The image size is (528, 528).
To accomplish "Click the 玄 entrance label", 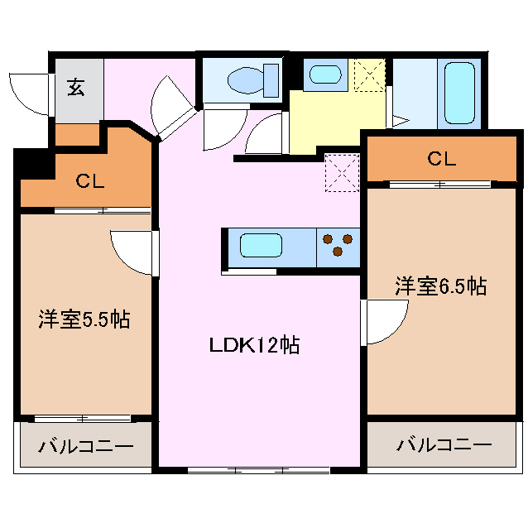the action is pos(76,87).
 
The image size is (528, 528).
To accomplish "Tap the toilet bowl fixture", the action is pos(253,80).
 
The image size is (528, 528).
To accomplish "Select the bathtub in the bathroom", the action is pos(459,93).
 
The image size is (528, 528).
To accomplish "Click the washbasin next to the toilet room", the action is pos(325,74).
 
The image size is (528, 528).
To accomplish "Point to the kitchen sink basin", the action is pos(261,245).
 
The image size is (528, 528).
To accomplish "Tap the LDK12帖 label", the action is pos(254,344).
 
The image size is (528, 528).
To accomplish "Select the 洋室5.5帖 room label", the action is pos(84,319).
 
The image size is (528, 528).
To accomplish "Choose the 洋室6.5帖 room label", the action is pos(441,286).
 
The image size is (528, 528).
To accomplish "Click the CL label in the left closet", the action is pos(90,181).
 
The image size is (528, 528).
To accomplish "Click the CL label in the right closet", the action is pos(442,159).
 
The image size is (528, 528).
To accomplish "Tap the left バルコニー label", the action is pos(86,447).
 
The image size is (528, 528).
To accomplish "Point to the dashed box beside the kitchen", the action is pos(342,173).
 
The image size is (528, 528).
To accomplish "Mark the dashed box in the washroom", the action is pos(369,74).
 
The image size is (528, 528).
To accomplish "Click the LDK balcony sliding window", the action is pos(258,470).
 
